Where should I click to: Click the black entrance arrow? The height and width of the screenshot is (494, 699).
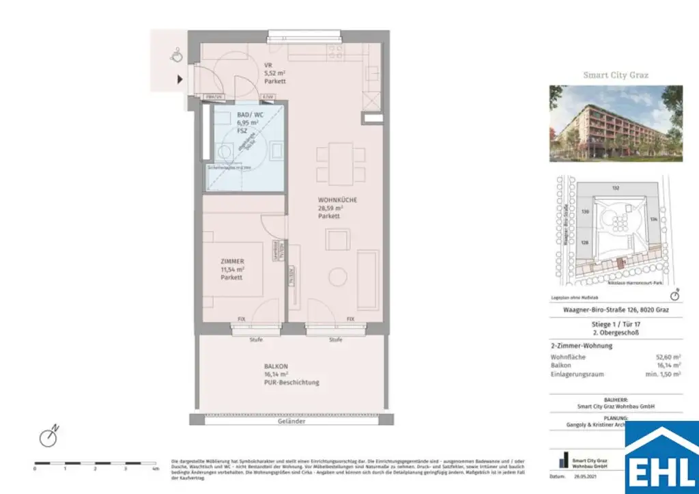tap(180, 79)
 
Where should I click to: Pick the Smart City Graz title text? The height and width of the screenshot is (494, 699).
tap(616, 75)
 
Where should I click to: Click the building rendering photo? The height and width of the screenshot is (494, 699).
tap(616, 124)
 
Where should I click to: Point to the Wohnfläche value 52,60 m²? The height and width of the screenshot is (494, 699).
tap(668, 357)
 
